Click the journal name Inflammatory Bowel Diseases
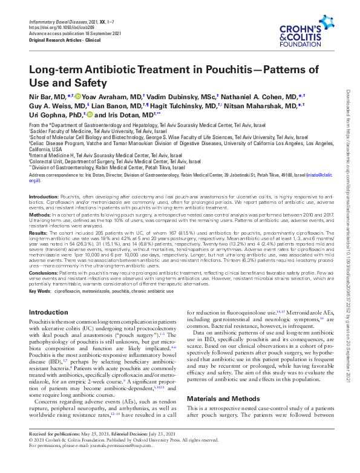pyautogui.click(x=56, y=22)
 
